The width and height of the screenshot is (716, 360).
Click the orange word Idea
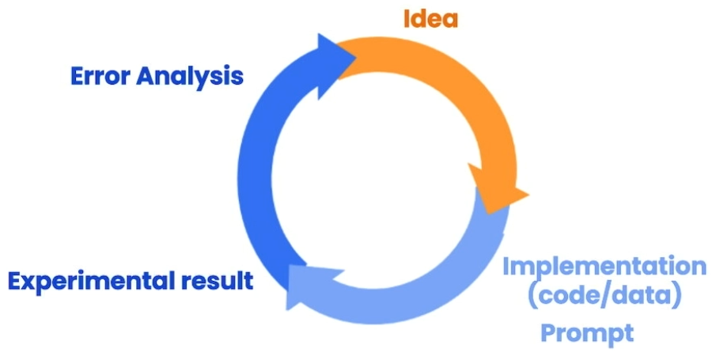click(430, 19)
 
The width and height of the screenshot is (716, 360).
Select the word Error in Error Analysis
click(100, 76)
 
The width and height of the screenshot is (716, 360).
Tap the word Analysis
click(190, 77)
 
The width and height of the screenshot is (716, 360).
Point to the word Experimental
click(91, 282)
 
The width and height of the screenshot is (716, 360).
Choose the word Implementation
click(604, 267)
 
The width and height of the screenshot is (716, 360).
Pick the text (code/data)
click(604, 297)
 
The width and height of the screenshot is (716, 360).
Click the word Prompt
click(587, 334)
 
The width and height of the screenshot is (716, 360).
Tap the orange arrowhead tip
click(528, 195)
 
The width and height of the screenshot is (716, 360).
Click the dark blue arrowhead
click(335, 65)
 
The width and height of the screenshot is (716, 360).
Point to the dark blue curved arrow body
click(255, 173)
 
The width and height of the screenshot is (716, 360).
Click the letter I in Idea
click(407, 19)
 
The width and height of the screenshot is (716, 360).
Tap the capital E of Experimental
click(15, 282)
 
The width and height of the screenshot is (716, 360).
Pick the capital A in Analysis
click(146, 76)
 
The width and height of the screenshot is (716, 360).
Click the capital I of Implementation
click(506, 267)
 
